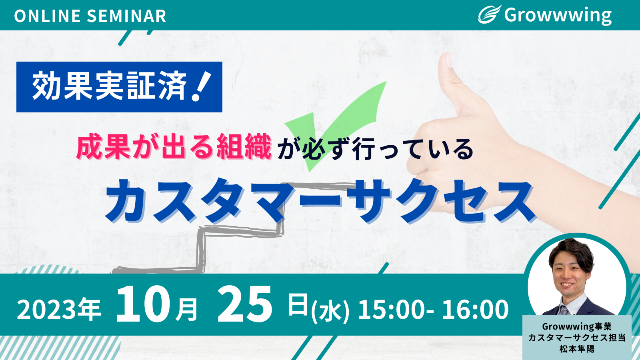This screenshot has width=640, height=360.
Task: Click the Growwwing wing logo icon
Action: (x=489, y=14)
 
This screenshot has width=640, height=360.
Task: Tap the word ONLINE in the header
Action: (x=48, y=16)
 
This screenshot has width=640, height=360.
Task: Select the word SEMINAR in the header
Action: (x=126, y=16)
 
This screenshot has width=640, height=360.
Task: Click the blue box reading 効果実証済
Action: (x=119, y=87)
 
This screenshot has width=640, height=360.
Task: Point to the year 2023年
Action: (x=59, y=310)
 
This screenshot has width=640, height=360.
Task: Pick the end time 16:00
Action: (x=475, y=310)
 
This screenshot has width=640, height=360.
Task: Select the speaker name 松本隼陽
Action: (x=577, y=349)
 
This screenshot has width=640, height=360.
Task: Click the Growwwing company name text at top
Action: (x=558, y=16)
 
